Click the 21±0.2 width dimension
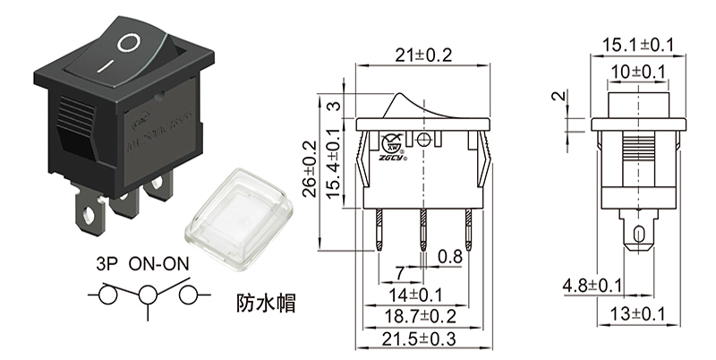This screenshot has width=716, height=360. pos(423,56)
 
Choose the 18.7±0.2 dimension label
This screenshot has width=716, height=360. pos(421,316)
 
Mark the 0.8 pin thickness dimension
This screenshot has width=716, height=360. pos(449,258)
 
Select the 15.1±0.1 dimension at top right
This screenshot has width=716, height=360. pos(637,45)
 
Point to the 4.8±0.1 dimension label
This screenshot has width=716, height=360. pos(592,286)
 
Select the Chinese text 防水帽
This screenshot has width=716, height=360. pos(266,302)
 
